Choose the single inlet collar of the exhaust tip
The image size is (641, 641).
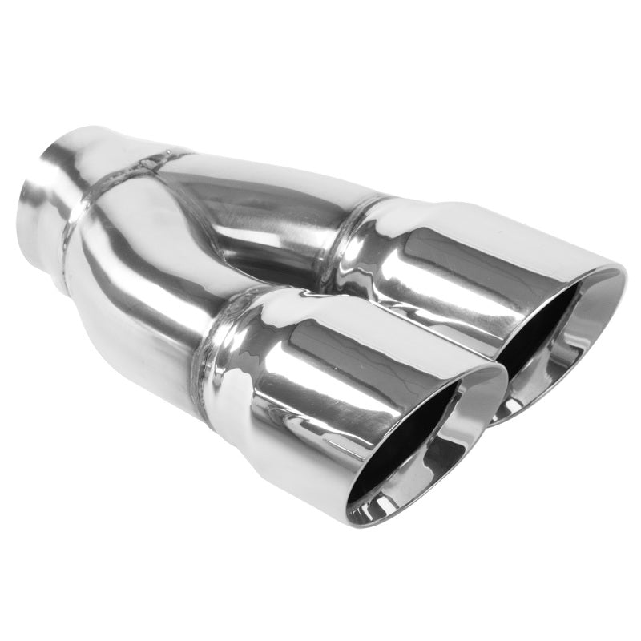[52, 200]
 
